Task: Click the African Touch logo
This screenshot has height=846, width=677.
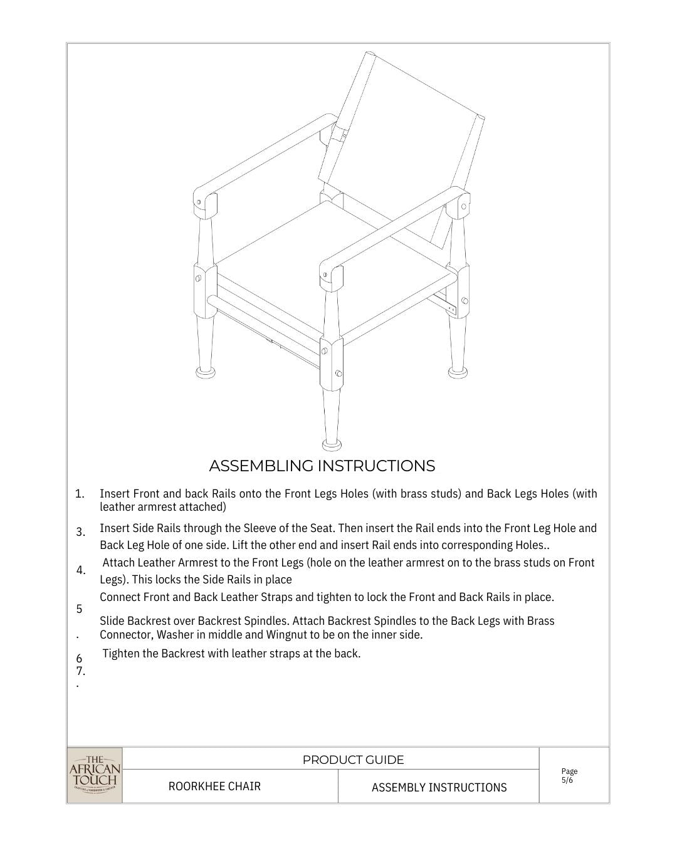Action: [x=94, y=775]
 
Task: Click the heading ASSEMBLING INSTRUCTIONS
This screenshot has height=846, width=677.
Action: [x=322, y=466]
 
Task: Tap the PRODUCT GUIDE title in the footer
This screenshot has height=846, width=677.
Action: [x=353, y=760]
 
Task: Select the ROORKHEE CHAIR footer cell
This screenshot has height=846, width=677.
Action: [x=214, y=786]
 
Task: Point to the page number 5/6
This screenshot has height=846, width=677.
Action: [x=567, y=780]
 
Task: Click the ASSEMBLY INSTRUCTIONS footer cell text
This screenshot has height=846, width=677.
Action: [x=439, y=788]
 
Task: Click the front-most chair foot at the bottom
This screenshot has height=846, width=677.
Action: [x=332, y=444]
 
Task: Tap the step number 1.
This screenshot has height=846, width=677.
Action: [x=80, y=494]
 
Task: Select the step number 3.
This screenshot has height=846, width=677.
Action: [x=81, y=532]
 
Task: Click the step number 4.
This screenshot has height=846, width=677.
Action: [x=81, y=570]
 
